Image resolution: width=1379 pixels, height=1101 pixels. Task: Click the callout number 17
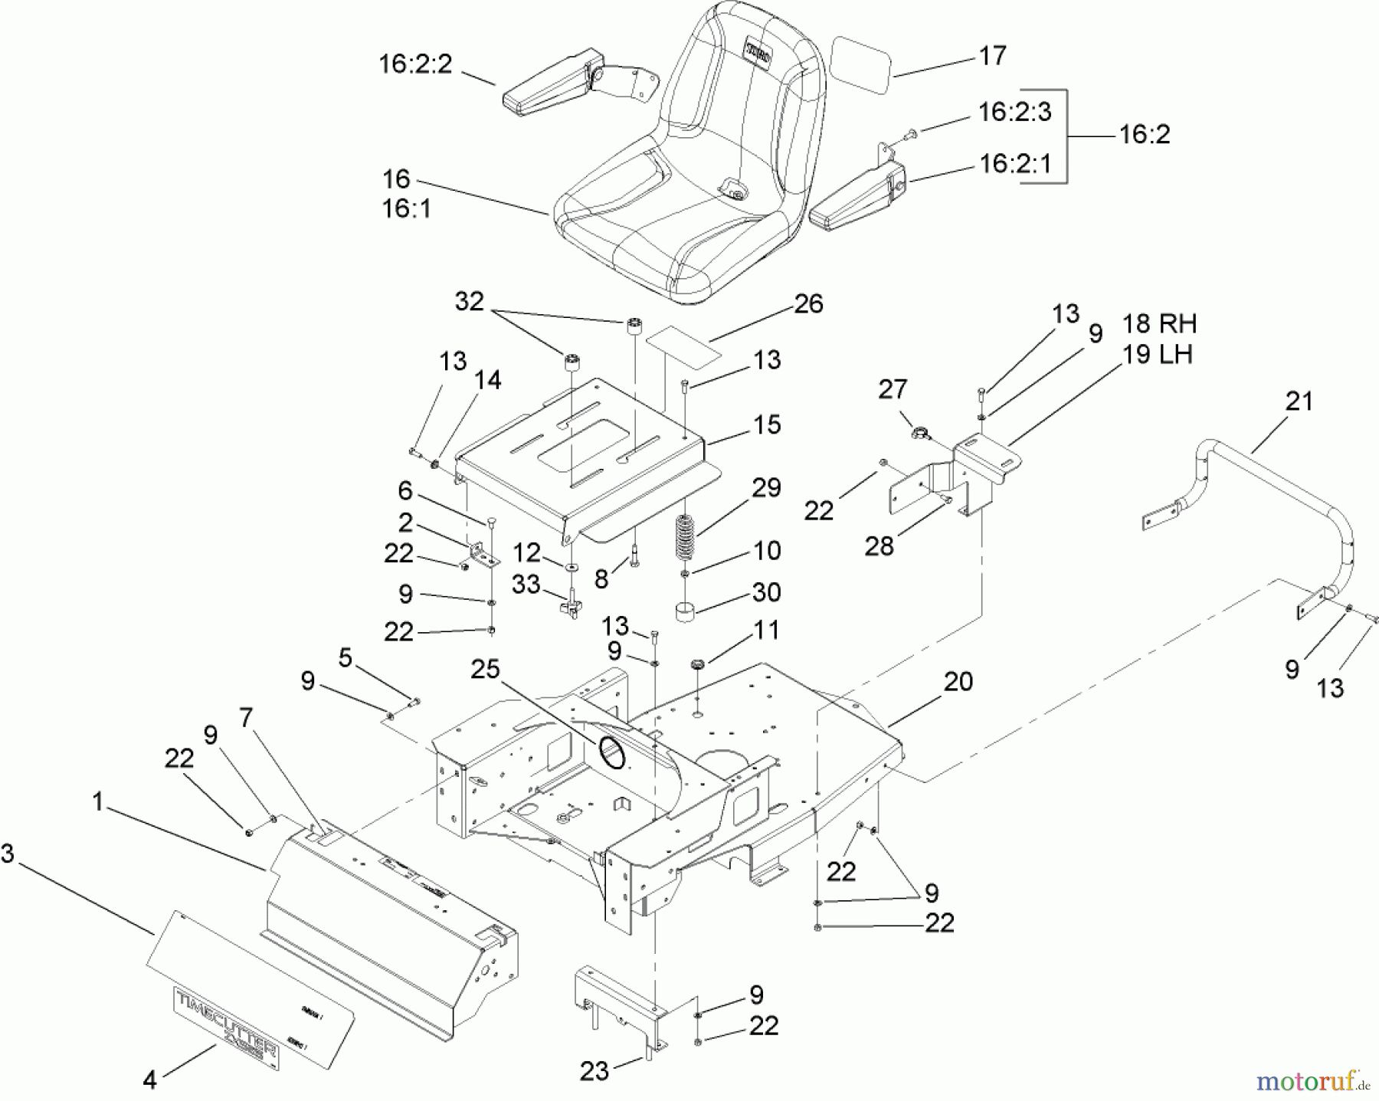click(x=993, y=56)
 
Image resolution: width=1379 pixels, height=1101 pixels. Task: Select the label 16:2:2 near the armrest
click(x=416, y=64)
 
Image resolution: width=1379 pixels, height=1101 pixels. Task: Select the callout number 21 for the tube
click(x=1299, y=401)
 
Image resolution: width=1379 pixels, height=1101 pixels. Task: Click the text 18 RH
click(x=1159, y=323)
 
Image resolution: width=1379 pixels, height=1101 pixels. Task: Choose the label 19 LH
click(x=1157, y=354)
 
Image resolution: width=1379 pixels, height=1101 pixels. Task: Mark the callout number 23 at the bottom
click(x=594, y=1070)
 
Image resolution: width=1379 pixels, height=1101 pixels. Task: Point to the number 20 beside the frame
click(x=958, y=681)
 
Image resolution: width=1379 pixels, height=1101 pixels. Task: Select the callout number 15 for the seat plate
click(x=767, y=424)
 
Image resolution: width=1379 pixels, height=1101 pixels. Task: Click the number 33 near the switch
click(x=526, y=585)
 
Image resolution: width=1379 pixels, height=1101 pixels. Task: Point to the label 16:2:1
click(x=1015, y=164)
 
